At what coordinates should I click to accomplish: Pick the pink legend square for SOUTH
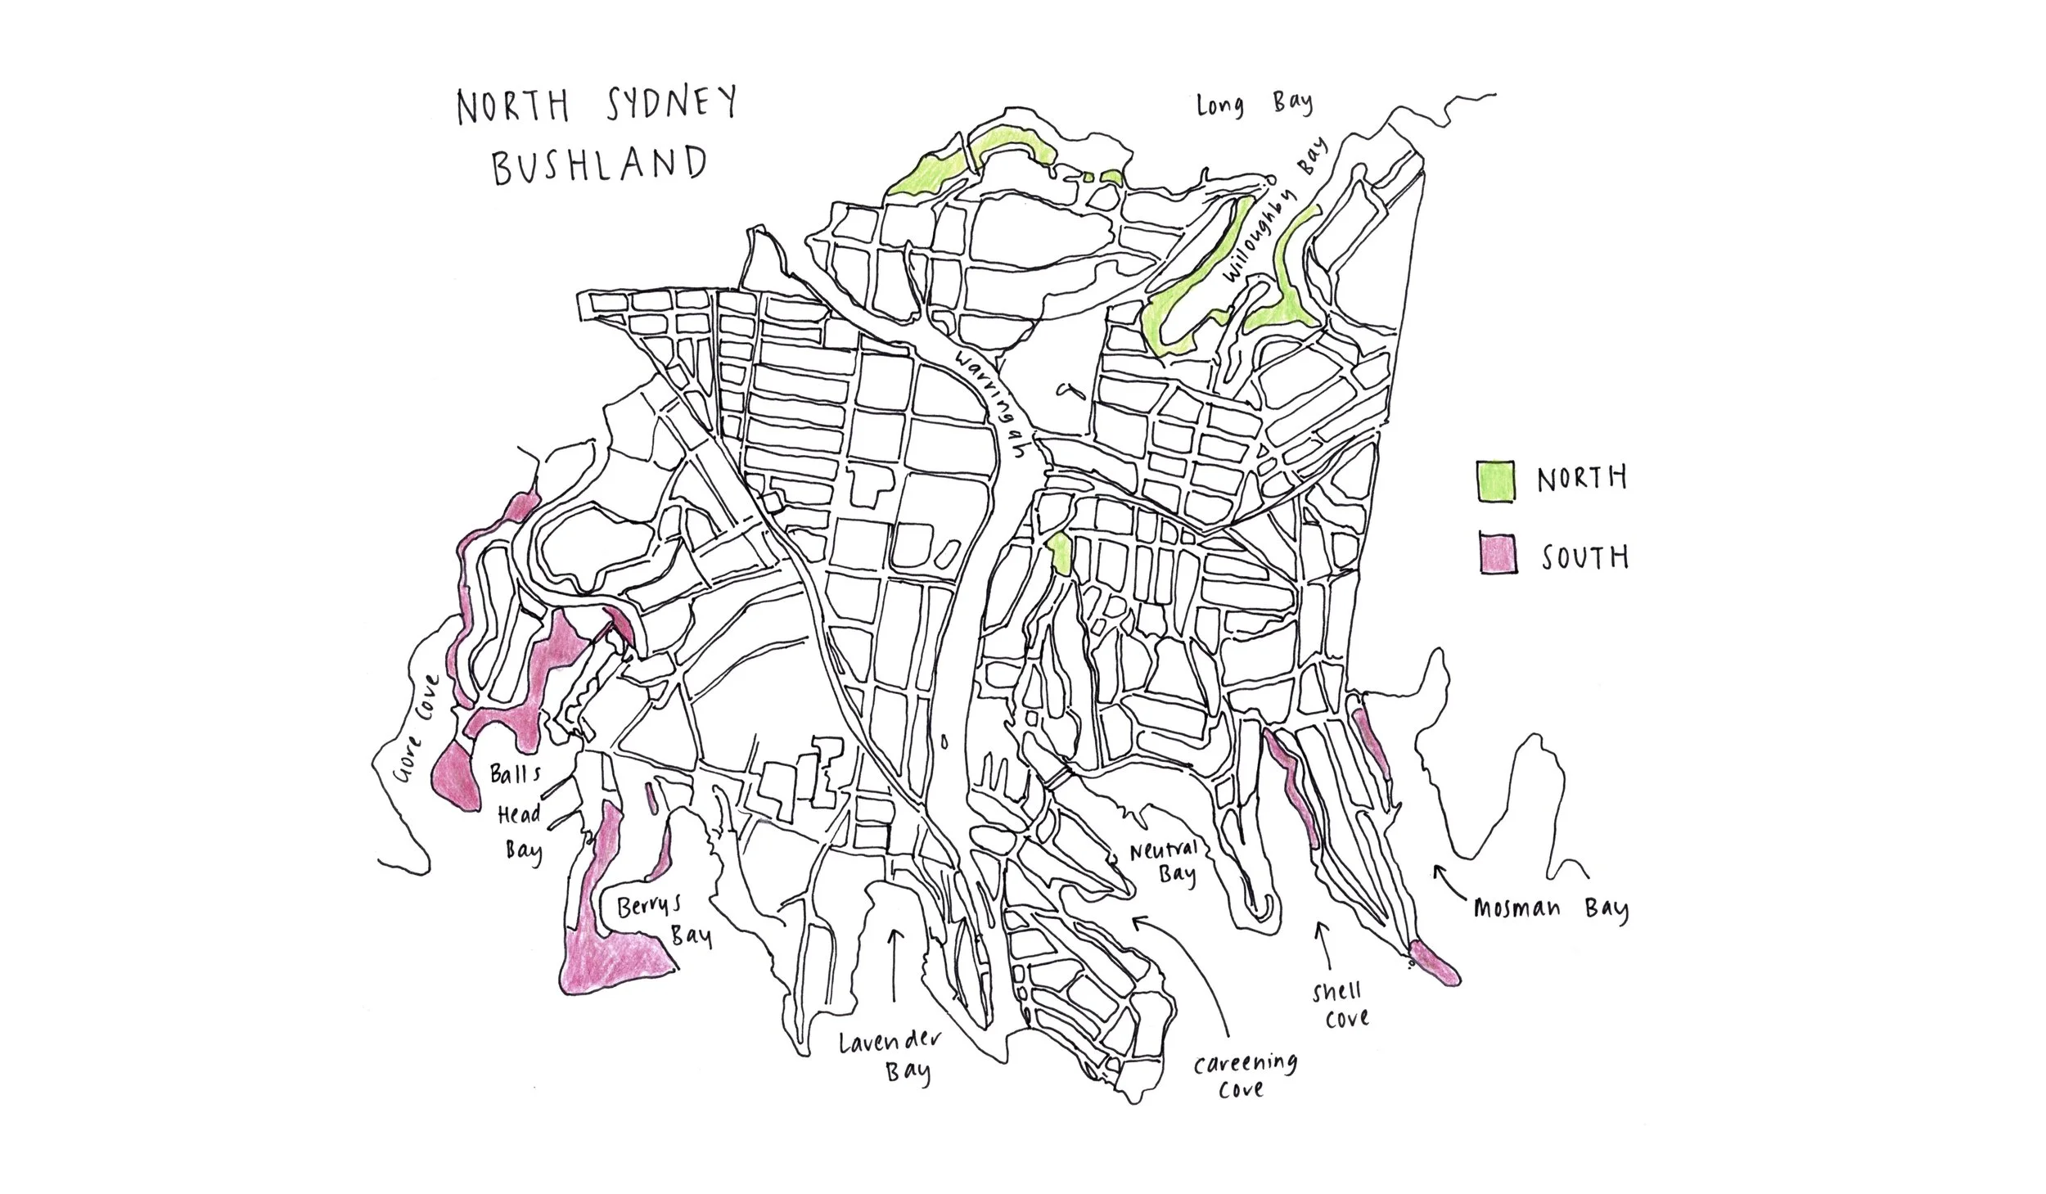(x=1498, y=555)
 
